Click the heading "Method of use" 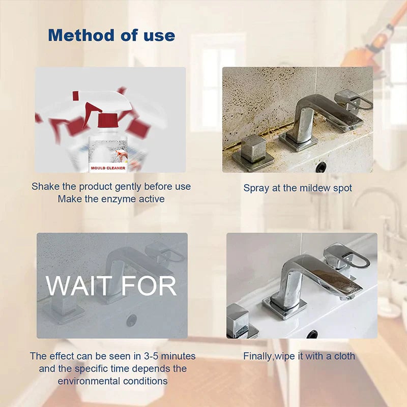(x=111, y=35)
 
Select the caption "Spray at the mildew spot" (x=298, y=188)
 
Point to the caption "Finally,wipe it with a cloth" (x=299, y=356)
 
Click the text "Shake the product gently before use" (x=111, y=186)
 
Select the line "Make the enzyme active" (x=111, y=199)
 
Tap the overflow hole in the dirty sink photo (x=321, y=167)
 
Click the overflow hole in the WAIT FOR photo (x=131, y=320)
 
